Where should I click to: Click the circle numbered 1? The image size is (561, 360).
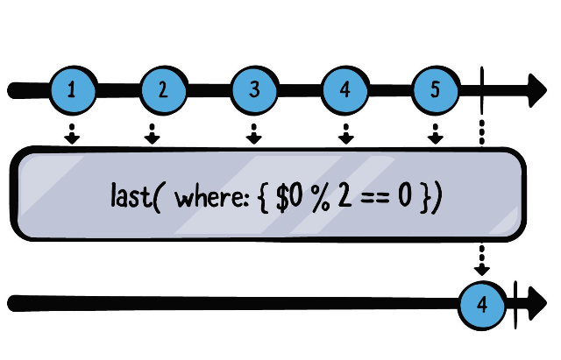click(x=72, y=89)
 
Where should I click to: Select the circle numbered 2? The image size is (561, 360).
click(x=163, y=89)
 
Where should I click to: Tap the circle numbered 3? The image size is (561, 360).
click(x=254, y=89)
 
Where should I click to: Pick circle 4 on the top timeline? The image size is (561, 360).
click(x=345, y=89)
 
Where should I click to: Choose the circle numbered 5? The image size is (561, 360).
click(x=436, y=89)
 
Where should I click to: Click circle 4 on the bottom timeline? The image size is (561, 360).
click(x=483, y=304)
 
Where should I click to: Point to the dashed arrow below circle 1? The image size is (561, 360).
click(x=72, y=134)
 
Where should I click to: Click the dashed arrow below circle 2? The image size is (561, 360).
click(x=153, y=134)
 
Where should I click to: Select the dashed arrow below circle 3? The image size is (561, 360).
click(x=254, y=134)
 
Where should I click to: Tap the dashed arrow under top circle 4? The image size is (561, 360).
click(x=345, y=134)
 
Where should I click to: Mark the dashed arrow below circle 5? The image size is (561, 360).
click(x=436, y=134)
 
